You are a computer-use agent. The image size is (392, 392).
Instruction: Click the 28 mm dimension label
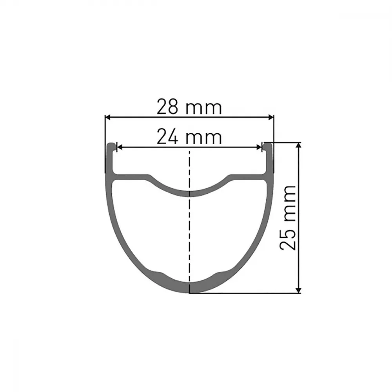[189, 107]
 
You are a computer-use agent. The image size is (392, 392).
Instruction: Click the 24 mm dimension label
[189, 137]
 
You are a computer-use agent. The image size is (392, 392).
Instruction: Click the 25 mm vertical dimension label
[287, 218]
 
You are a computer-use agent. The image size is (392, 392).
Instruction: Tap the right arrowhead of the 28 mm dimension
[271, 117]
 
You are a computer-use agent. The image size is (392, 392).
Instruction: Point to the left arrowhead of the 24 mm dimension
[120, 147]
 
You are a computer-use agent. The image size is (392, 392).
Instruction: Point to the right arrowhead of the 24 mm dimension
[259, 147]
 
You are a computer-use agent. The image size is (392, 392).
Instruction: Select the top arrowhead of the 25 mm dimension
[298, 146]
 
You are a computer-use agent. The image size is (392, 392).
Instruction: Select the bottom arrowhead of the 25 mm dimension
[298, 290]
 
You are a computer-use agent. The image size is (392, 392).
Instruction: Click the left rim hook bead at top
[111, 147]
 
